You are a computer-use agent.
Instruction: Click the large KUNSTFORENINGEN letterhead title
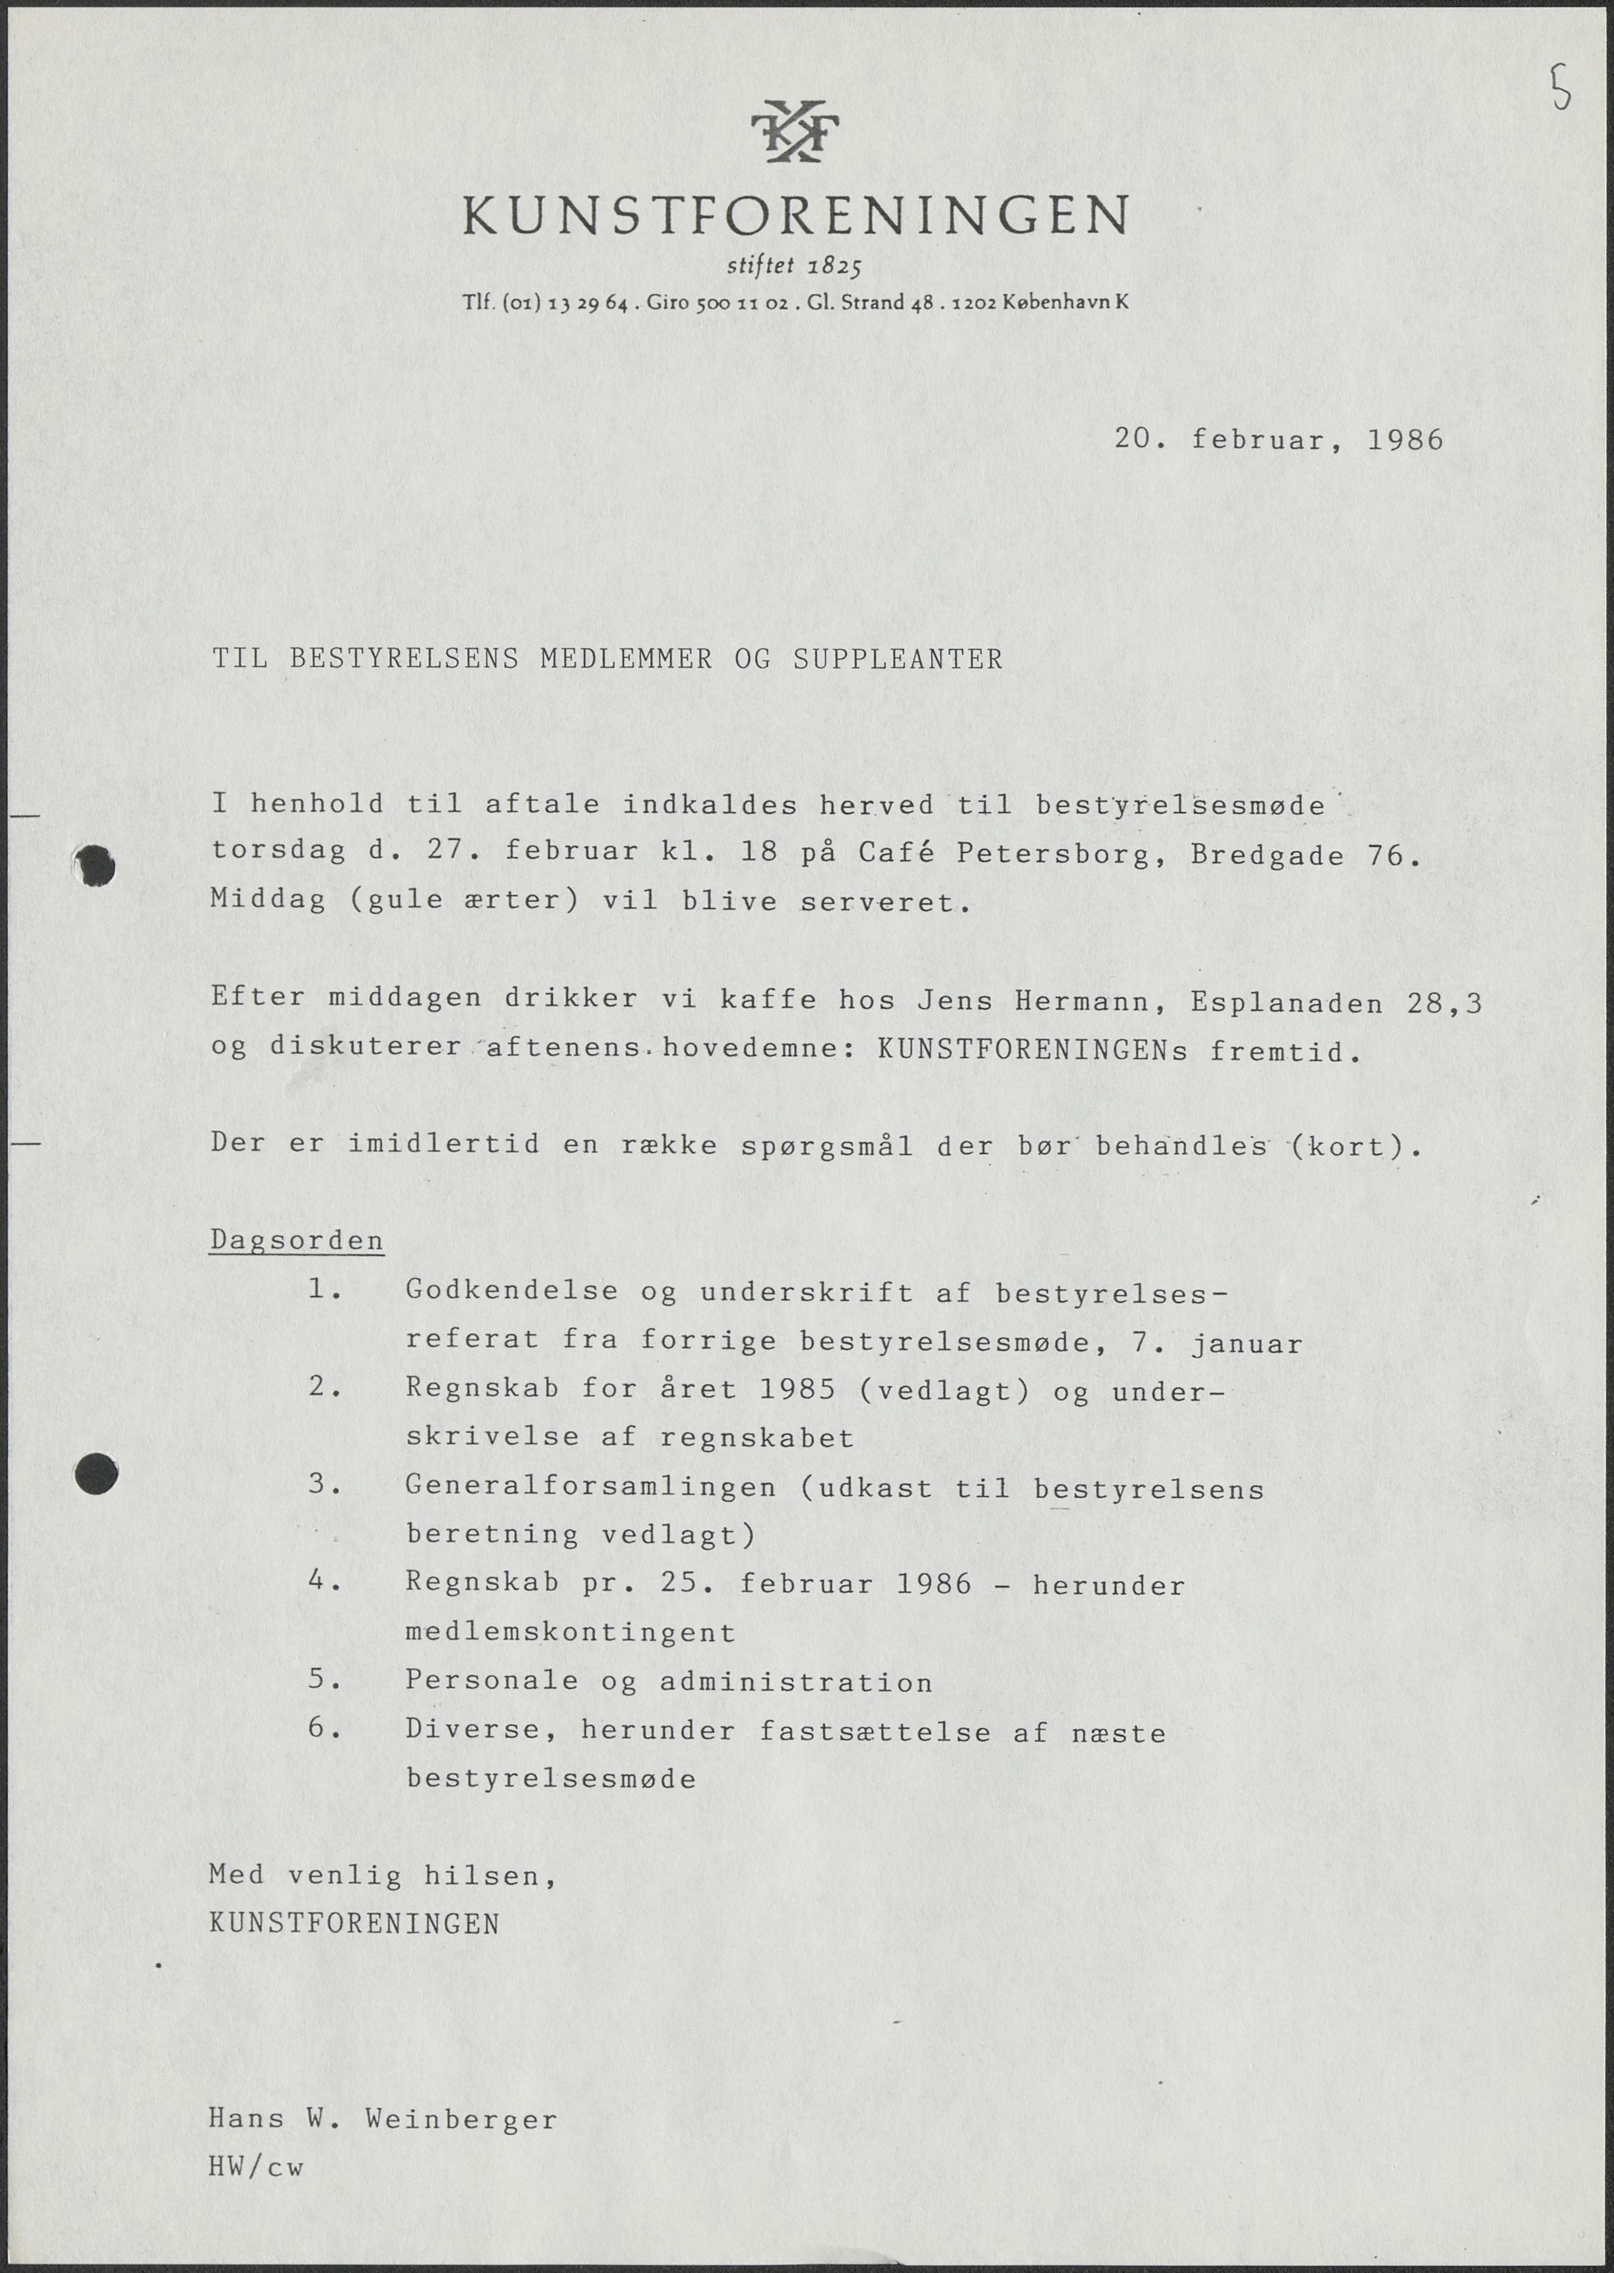(795, 215)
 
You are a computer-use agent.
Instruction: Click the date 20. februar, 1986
(1278, 439)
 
